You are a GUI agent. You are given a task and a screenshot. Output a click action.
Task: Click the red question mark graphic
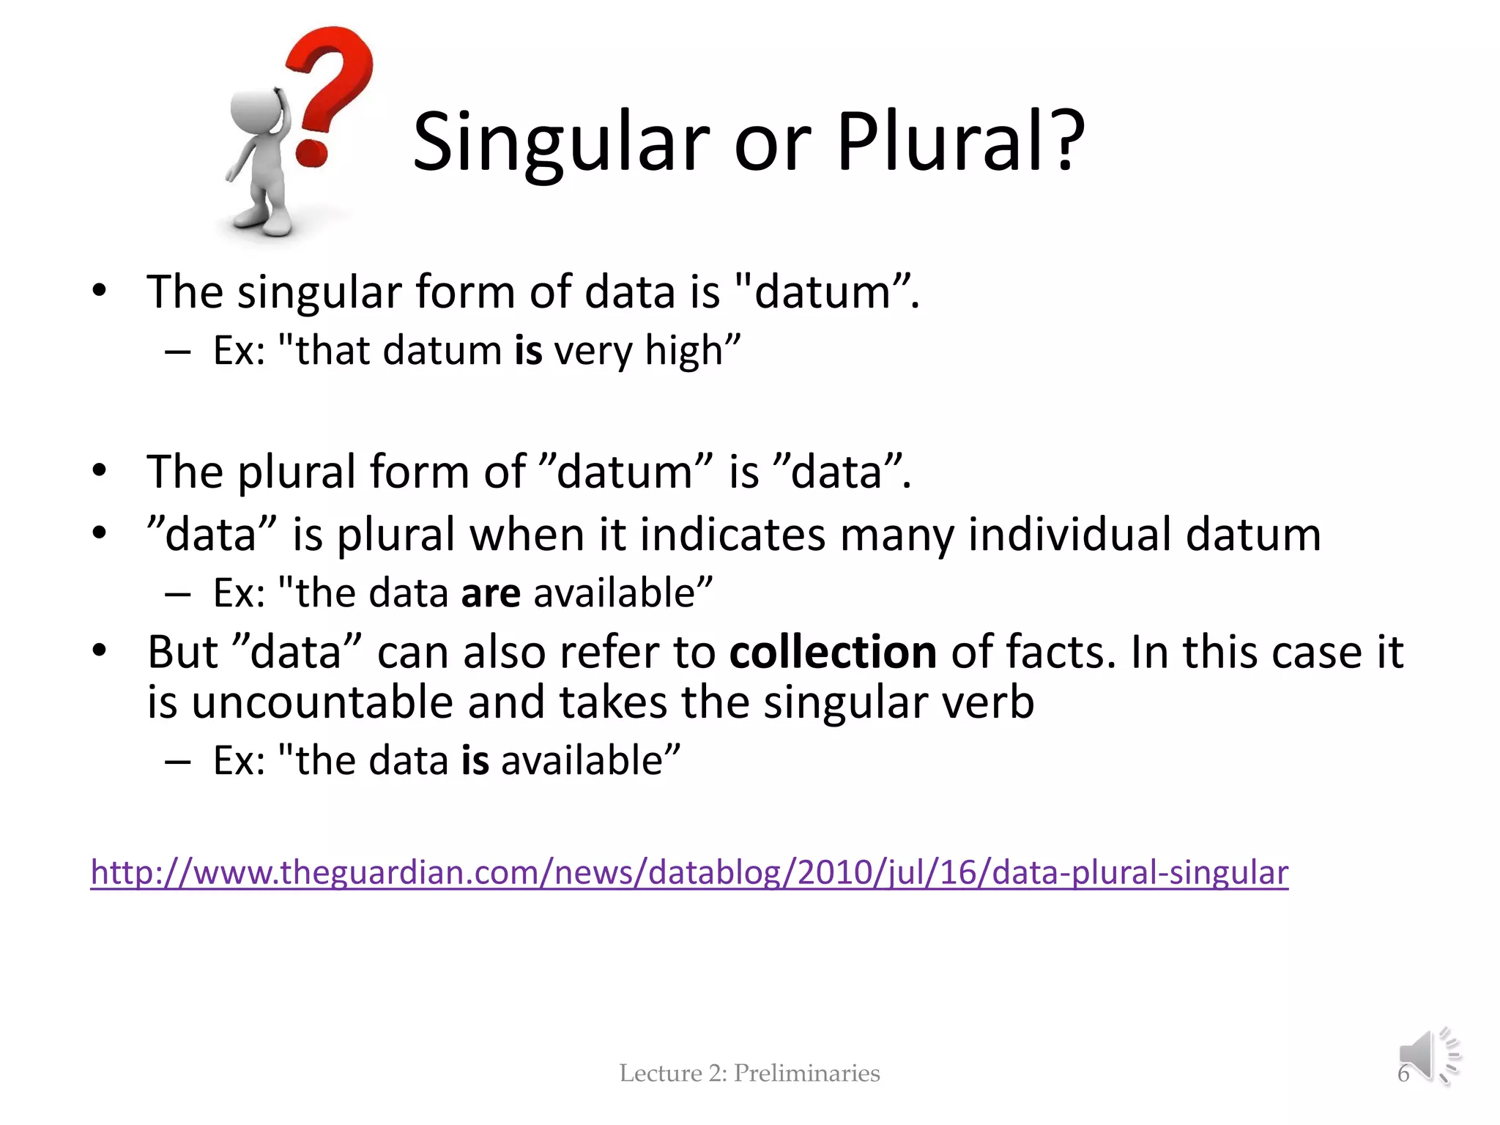point(330,88)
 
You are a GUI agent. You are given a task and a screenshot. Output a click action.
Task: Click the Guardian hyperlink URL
point(688,872)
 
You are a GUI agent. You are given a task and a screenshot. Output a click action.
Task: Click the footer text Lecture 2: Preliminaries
point(749,1073)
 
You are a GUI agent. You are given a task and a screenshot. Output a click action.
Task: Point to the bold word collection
point(833,652)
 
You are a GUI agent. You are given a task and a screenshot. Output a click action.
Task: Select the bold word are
point(491,593)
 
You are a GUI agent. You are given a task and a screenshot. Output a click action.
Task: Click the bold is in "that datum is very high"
point(528,351)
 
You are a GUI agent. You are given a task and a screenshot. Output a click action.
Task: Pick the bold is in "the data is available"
point(475,761)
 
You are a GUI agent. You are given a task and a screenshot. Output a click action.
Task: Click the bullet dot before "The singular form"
point(100,292)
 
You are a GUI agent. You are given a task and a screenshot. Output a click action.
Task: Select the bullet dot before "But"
point(100,650)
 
